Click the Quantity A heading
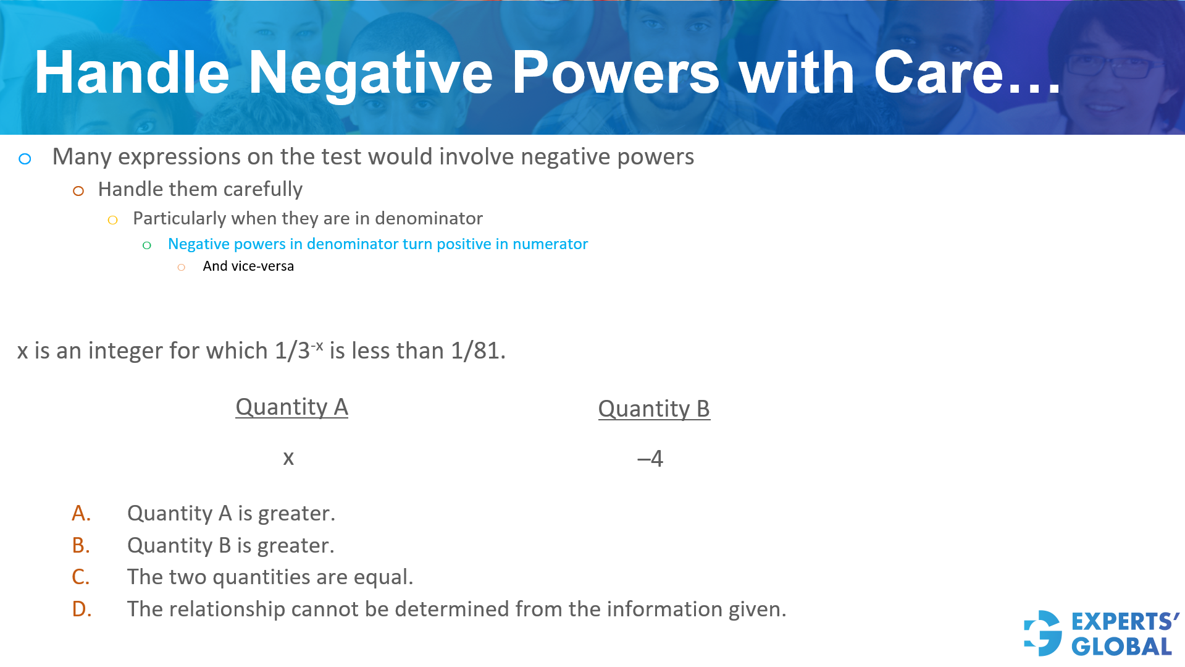[x=291, y=407]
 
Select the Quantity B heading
[x=654, y=409]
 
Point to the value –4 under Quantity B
[x=650, y=459]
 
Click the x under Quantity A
[x=288, y=458]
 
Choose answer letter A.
[x=81, y=514]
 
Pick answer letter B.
[x=81, y=546]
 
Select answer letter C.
[x=81, y=577]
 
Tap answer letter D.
[x=82, y=610]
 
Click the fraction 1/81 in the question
[x=475, y=351]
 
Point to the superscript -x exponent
[x=317, y=345]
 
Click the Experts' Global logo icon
[x=1043, y=633]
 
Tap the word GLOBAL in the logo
[x=1121, y=647]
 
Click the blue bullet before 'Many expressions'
[x=25, y=159]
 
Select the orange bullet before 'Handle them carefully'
[x=78, y=191]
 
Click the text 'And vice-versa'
[x=248, y=266]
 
